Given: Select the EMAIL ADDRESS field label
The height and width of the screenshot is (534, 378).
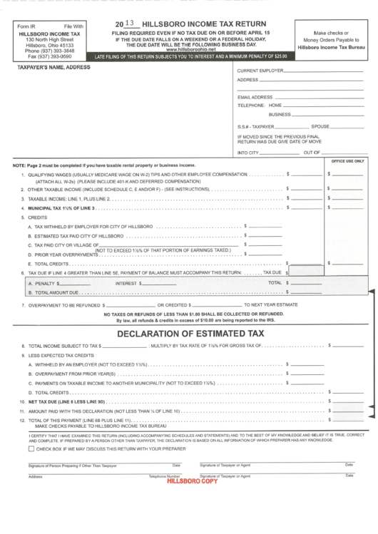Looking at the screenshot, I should (x=255, y=96).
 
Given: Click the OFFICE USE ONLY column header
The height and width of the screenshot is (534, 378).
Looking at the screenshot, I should (x=347, y=161).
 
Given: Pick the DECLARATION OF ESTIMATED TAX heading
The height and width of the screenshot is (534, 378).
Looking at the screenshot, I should (x=191, y=333).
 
